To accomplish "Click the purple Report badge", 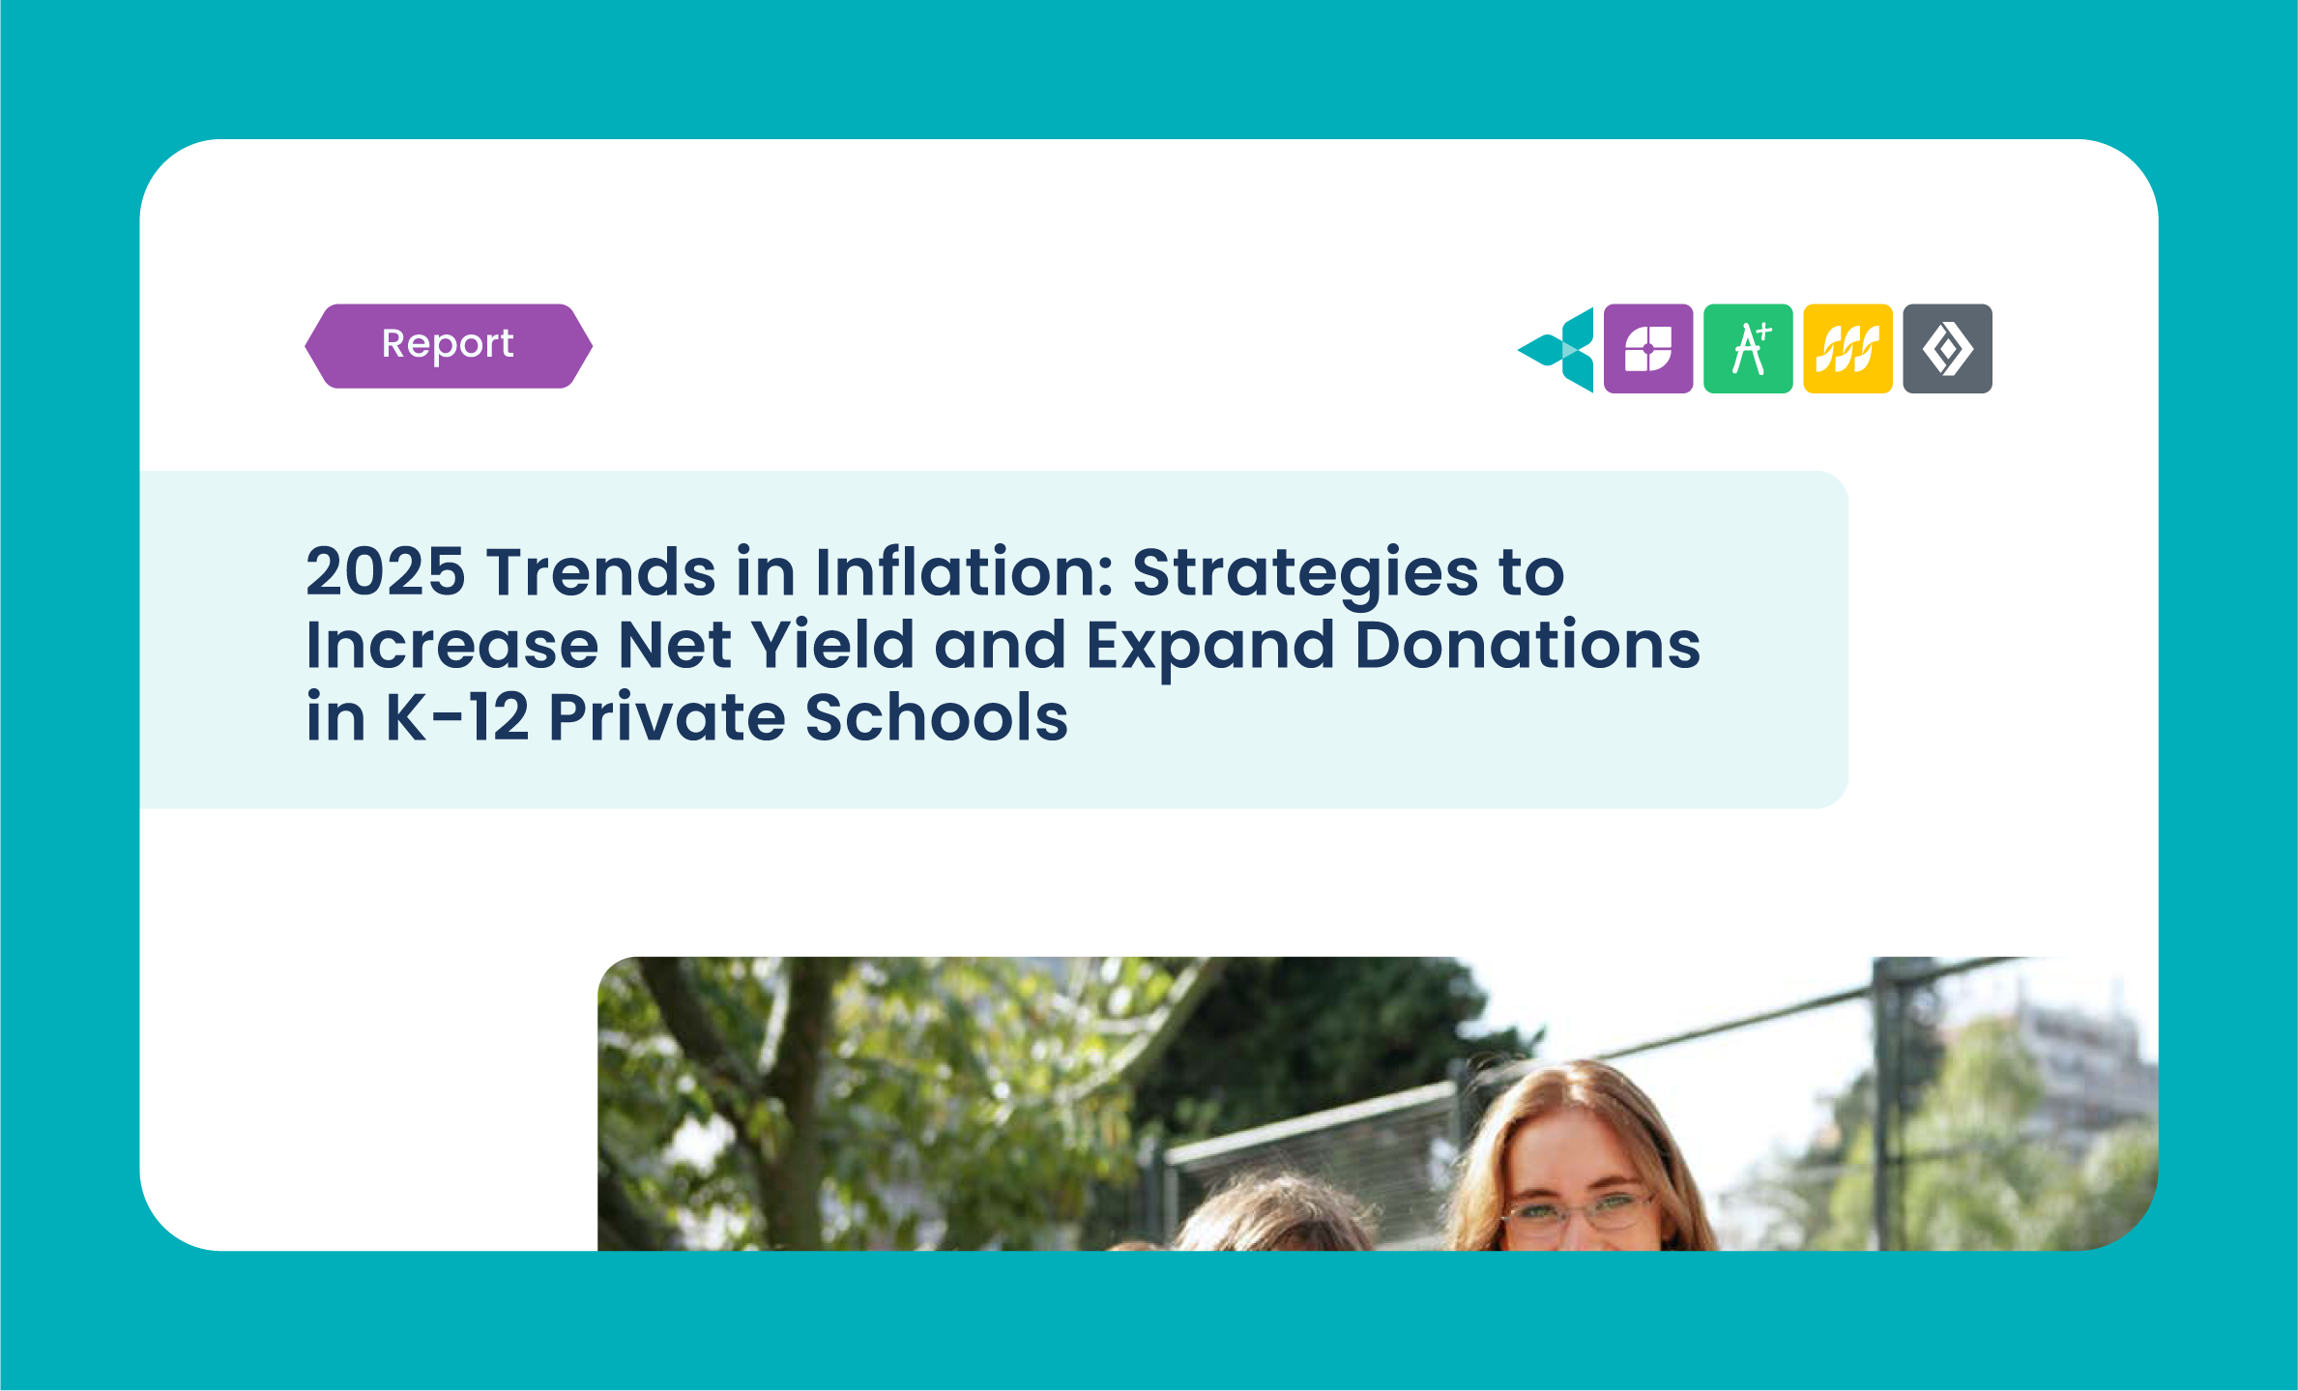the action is pos(449,346).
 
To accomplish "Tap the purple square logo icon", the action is pos(1648,348).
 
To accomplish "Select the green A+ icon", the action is pos(1748,348).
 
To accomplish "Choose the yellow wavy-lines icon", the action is pos(1847,348).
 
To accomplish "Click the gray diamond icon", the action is pos(1947,348).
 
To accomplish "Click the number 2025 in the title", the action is pos(386,571).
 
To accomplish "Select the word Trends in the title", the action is pos(600,571).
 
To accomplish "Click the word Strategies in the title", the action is pos(1305,576).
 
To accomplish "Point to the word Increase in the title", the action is pos(452,645).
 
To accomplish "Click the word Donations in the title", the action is pos(1527,644).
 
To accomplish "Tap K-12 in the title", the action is pos(457,717).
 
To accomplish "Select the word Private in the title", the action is pos(666,717).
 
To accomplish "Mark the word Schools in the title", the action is pos(936,716).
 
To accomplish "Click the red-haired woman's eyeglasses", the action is pos(1580,1210).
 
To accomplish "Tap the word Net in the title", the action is pos(674,645).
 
